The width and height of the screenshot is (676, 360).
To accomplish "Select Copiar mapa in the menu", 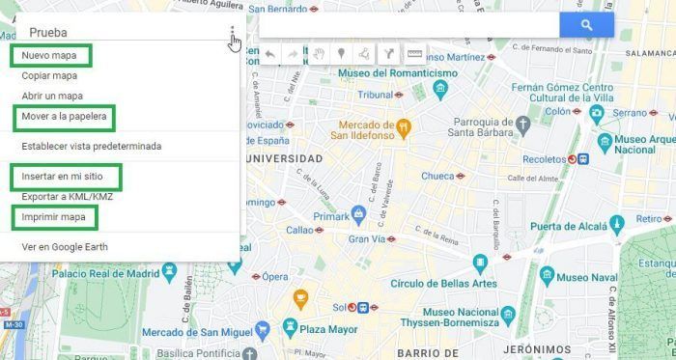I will pyautogui.click(x=49, y=75).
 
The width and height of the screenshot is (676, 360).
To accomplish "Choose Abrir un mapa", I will pyautogui.click(x=52, y=97).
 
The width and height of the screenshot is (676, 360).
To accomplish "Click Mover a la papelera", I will pyautogui.click(x=65, y=118).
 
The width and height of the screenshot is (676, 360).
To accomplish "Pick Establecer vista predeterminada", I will pyautogui.click(x=91, y=147).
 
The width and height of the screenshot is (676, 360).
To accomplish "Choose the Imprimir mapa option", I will pyautogui.click(x=53, y=218).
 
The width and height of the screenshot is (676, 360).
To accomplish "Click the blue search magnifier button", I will pyautogui.click(x=586, y=25).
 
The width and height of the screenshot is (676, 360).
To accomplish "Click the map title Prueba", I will pyautogui.click(x=48, y=32).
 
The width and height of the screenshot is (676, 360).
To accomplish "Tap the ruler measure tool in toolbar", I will pyautogui.click(x=414, y=54).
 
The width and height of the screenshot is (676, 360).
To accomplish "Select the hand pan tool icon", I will pyautogui.click(x=318, y=54).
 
